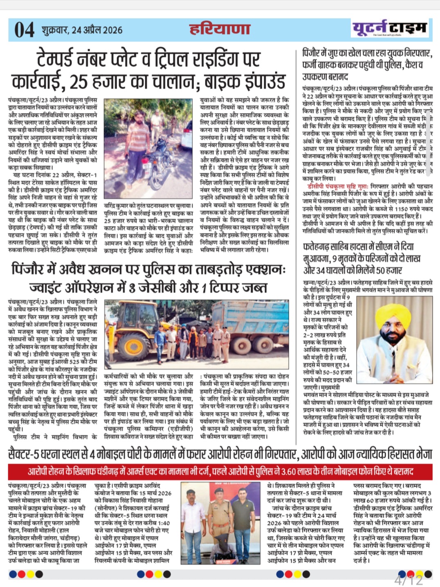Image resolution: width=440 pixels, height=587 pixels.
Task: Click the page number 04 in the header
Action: [x=24, y=29]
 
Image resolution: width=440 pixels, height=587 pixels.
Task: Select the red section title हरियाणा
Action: [x=220, y=29]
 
